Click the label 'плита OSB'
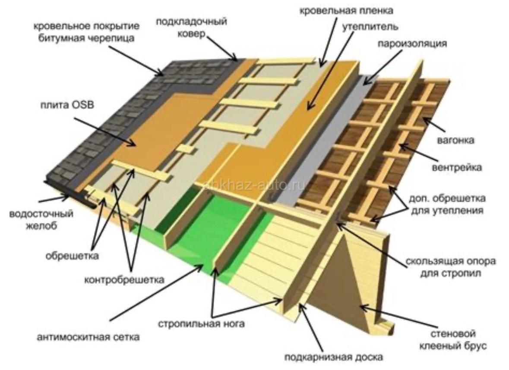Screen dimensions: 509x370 coord(67,105)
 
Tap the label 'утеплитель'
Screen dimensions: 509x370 coord(370,26)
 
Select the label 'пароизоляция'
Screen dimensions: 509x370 coord(412,44)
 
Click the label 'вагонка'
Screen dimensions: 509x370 coord(456,140)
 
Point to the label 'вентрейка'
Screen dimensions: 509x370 coord(456,167)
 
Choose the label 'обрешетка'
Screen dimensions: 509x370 coord(72,256)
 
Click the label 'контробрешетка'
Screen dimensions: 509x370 coord(124,279)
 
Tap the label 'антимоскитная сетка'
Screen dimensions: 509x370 coord(89,337)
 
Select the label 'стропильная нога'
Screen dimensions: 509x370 coord(201,323)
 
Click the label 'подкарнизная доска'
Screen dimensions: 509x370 coord(334,357)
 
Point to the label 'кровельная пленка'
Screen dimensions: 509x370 coord(346,10)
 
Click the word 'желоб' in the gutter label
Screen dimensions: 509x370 coord(41,226)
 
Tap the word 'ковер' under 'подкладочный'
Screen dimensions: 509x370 coord(191,34)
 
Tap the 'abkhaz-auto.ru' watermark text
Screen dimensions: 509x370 coord(255,185)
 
